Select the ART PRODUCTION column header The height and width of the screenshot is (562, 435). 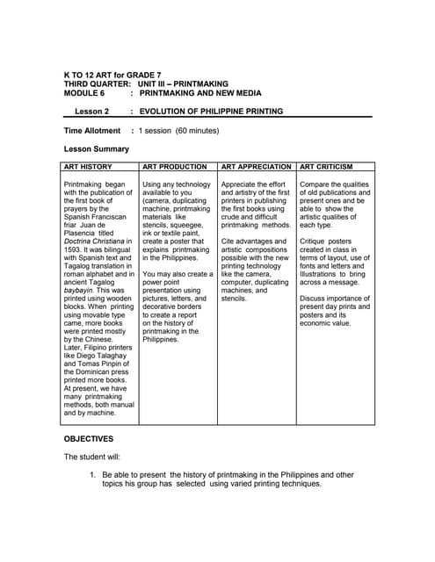point(174,166)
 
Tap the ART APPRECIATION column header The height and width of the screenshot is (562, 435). point(257,166)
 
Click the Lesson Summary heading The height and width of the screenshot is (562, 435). point(97,149)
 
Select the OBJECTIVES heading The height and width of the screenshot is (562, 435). point(89,438)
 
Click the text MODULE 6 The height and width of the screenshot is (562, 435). point(84,91)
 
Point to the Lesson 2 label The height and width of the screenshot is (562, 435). point(91,112)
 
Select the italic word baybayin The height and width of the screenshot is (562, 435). point(82,290)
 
